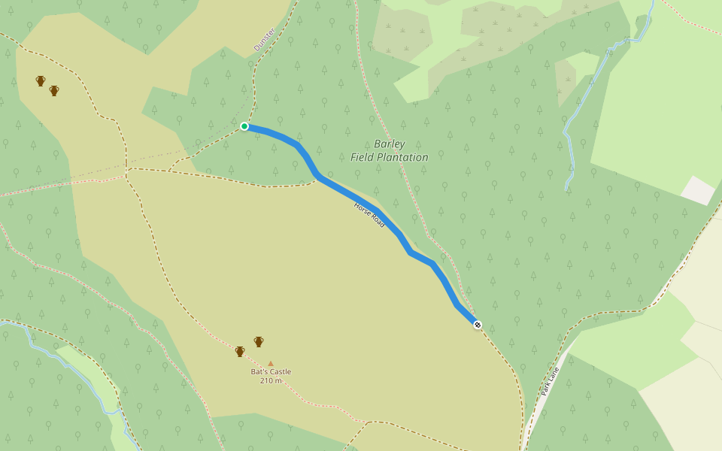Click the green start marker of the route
[x=244, y=126]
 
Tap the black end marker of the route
[x=478, y=325]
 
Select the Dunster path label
[x=264, y=39]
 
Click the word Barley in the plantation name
[x=389, y=144]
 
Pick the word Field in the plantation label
[x=363, y=158]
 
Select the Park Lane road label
[x=550, y=382]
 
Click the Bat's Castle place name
[x=271, y=371]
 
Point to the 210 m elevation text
[x=271, y=381]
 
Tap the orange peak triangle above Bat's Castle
[x=271, y=363]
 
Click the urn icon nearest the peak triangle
[x=259, y=342]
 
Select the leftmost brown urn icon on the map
[x=41, y=81]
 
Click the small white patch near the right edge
[x=698, y=191]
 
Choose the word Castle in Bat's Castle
[x=281, y=371]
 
